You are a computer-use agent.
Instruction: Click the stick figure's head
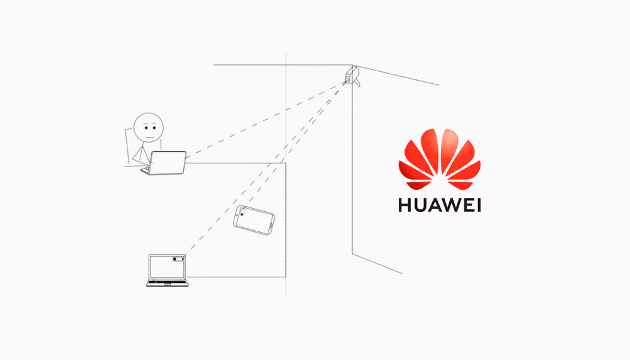click(x=149, y=127)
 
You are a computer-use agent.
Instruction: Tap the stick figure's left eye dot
click(x=146, y=128)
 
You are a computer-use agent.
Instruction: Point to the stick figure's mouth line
click(x=149, y=137)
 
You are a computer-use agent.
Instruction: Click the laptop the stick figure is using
click(x=164, y=163)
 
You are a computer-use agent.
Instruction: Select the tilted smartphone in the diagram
click(x=254, y=220)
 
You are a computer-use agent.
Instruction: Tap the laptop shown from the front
click(x=167, y=270)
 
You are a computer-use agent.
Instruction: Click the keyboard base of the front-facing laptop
click(x=167, y=283)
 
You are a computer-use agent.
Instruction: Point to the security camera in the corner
click(x=352, y=76)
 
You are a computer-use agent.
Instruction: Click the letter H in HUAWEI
click(x=405, y=205)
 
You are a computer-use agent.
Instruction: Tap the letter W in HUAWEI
click(x=452, y=205)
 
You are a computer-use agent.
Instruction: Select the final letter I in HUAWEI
click(x=479, y=205)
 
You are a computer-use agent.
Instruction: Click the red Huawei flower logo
click(x=440, y=160)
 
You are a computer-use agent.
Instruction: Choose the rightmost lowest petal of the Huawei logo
click(x=461, y=185)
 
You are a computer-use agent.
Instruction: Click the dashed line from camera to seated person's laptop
click(x=265, y=119)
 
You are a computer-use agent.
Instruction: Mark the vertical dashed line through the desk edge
click(x=286, y=174)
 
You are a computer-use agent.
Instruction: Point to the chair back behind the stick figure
click(x=128, y=147)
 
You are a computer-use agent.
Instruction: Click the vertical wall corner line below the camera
click(x=352, y=169)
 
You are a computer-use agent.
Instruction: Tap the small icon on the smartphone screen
click(x=243, y=212)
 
